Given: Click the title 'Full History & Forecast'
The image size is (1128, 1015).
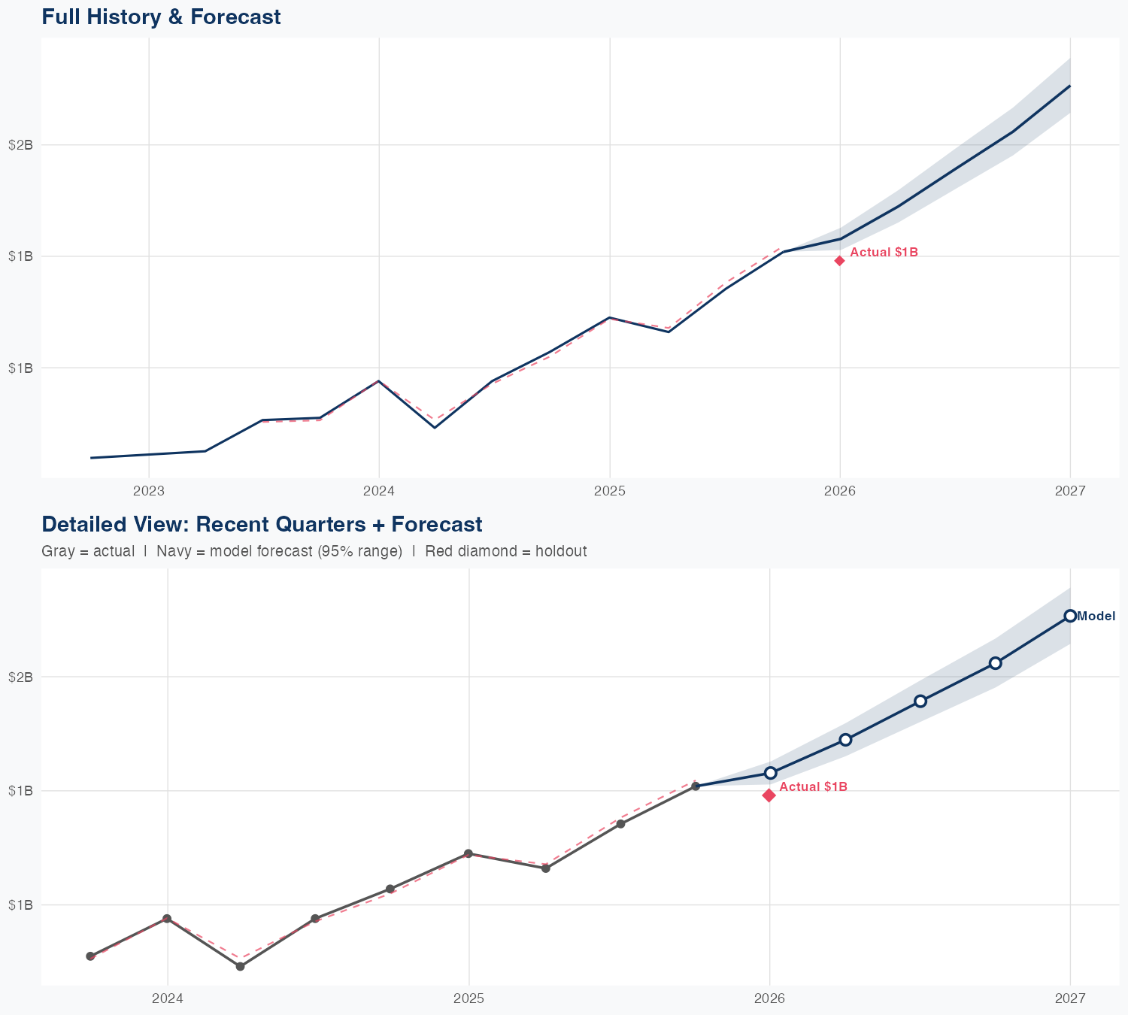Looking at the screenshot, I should pos(161,17).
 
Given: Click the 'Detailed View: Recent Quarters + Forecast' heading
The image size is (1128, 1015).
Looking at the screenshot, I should pos(262,524).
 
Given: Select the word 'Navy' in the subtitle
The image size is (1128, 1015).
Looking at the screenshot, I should pos(173,551).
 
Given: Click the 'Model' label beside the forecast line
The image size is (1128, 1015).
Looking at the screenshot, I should pos(1096,617).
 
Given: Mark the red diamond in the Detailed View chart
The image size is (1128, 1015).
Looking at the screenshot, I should pos(769,795).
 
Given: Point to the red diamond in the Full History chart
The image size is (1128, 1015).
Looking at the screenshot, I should pos(839,261).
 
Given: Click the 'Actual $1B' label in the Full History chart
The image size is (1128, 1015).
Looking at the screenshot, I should pos(884,253).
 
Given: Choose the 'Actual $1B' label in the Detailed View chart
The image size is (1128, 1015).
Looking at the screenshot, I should pos(813,787).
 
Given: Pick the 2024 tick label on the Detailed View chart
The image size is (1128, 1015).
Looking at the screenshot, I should pos(168,998).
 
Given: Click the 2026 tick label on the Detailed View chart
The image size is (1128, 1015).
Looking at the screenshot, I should pos(769,998).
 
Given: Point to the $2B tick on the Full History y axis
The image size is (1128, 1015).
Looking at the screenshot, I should pos(20,145).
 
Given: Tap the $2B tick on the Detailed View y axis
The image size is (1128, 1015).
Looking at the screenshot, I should pos(20,677).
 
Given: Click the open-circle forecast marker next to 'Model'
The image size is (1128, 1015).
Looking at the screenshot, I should pos(1070,616).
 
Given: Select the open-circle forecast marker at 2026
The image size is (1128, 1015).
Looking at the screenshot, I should pos(770,773).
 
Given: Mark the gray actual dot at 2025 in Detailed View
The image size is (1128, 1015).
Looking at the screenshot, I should pos(468,853).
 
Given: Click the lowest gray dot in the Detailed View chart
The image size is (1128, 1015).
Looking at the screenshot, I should pos(240,966).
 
